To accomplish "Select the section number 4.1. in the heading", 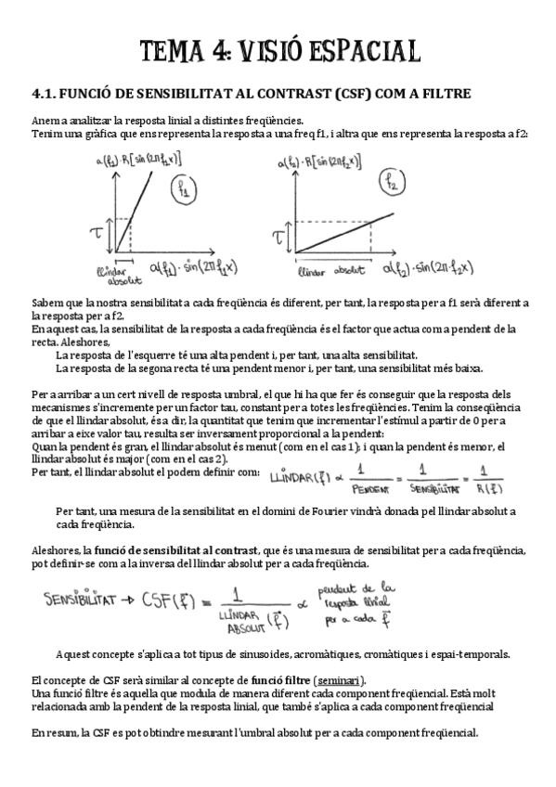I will coord(45,93).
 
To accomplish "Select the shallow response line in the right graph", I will coord(334,238).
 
